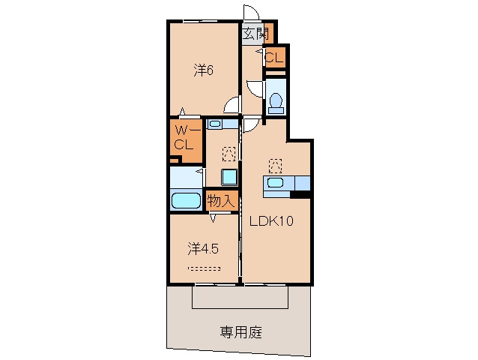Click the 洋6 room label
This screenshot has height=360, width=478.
click(205, 70)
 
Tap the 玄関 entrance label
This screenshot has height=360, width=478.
click(255, 32)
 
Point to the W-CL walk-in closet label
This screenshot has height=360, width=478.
click(186, 138)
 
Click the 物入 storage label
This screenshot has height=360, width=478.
click(223, 200)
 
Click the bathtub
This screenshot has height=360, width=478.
click(186, 200)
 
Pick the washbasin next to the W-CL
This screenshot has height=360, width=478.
click(215, 124)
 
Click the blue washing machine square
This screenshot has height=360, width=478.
click(228, 177)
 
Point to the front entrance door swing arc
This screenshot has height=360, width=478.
click(251, 13)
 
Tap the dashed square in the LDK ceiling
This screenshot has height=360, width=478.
click(275, 163)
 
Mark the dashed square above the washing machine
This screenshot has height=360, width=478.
click(228, 154)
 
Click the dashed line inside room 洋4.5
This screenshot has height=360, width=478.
click(204, 268)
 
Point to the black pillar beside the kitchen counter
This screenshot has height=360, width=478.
click(300, 195)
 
